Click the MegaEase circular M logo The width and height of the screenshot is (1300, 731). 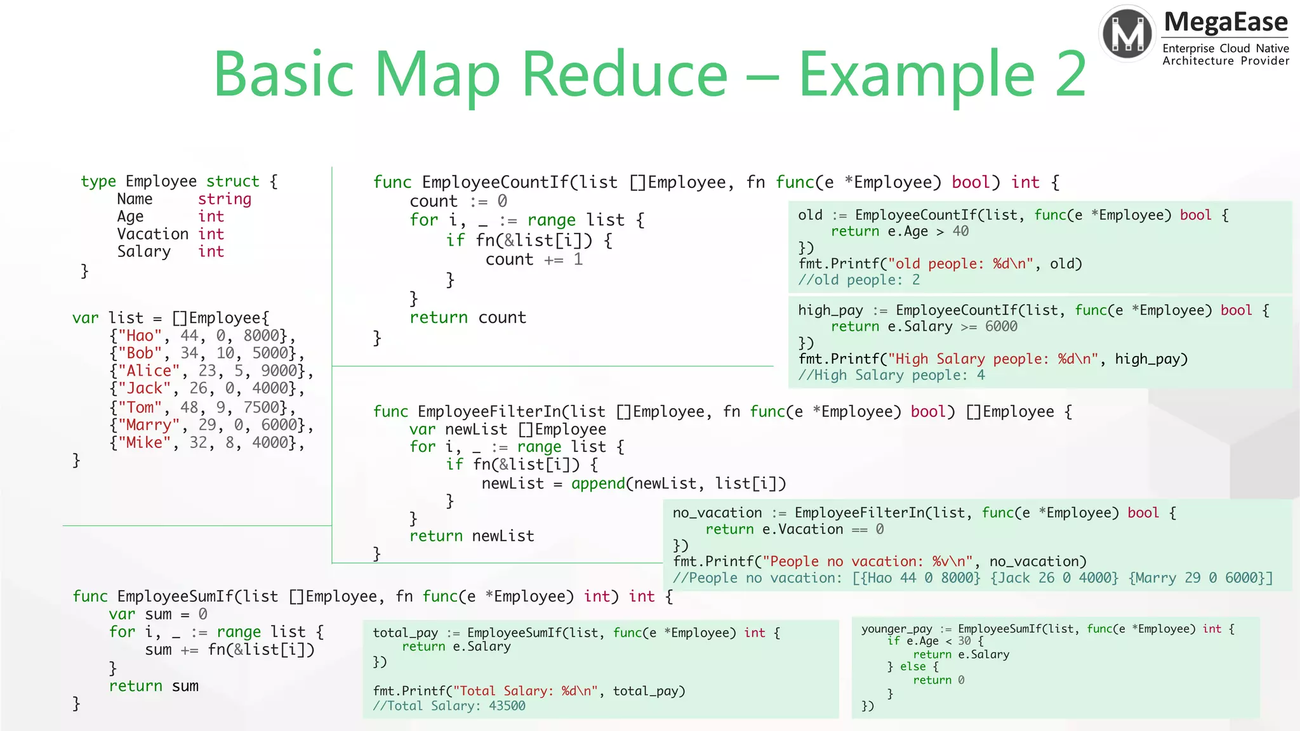pos(1127,34)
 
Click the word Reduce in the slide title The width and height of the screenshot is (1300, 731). pos(625,75)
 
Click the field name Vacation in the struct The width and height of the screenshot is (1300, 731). pos(152,234)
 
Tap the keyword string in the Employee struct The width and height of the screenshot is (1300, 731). pos(225,199)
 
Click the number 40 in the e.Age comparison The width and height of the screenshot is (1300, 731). pos(960,232)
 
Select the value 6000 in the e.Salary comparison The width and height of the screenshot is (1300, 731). pos(1001,327)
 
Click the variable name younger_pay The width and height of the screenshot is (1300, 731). pos(896,629)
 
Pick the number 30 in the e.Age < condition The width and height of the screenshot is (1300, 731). pos(964,641)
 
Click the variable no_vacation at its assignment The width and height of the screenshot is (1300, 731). pos(717,513)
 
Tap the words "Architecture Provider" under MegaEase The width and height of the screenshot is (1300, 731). pos(1226,61)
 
